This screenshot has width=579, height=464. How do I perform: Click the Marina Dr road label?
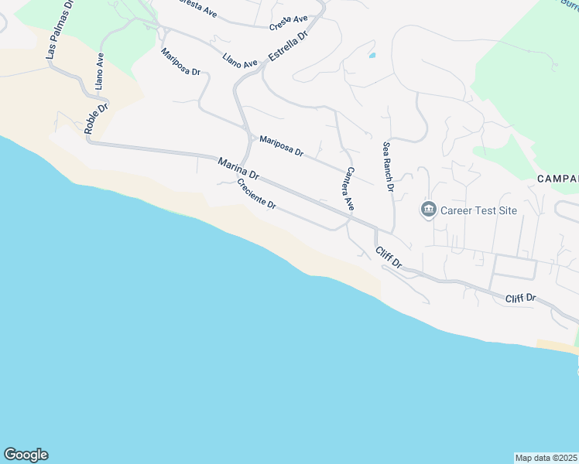coord(238,169)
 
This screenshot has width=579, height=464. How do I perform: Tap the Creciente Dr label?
coord(256,194)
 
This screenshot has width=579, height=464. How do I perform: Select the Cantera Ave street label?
coord(350,189)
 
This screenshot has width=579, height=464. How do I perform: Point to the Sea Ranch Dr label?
coord(389,166)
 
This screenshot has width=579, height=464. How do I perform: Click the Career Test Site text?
coord(478,210)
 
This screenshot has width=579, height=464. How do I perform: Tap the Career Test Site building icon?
coord(428,210)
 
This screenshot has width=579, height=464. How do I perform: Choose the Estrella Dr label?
coord(288,46)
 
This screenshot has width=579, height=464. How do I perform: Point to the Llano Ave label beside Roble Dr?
coord(99,72)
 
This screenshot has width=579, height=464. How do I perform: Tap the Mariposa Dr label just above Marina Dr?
coord(281,146)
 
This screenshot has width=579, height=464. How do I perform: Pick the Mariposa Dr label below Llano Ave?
coord(180,62)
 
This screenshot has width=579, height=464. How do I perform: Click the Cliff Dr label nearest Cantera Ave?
coord(389,258)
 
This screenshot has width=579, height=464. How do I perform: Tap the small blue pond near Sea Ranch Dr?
coord(372,56)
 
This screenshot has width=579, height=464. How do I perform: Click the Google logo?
coord(26,455)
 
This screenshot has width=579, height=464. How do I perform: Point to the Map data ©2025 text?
coord(546,458)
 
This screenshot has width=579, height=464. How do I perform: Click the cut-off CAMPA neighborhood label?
coord(557,179)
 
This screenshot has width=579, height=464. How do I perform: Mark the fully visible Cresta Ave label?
coord(289,23)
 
